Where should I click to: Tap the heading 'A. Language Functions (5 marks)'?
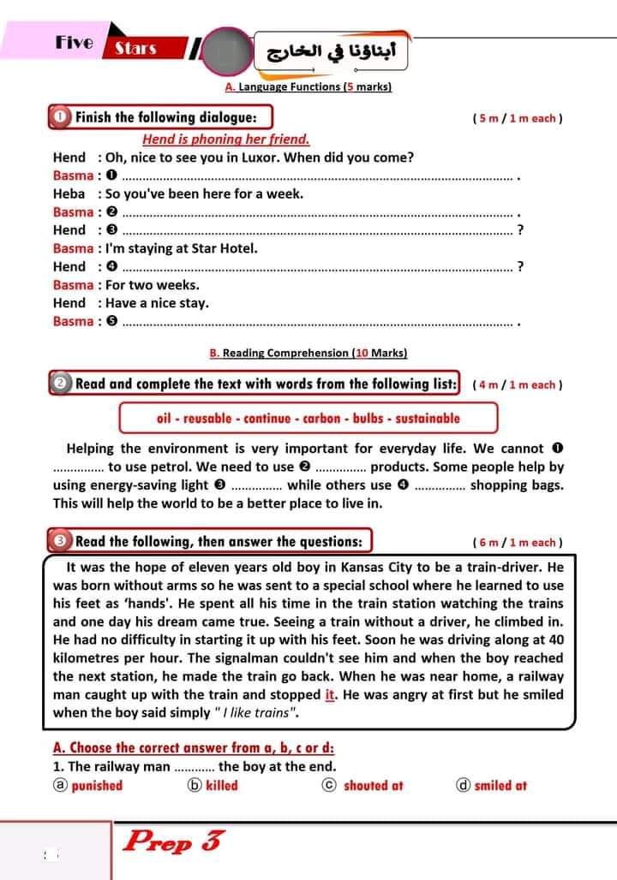point(308,86)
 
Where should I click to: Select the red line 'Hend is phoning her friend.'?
point(225,139)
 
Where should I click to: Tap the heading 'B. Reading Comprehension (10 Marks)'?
point(308,353)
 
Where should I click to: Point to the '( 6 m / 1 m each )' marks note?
point(517,543)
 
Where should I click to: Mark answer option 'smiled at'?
point(500,785)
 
